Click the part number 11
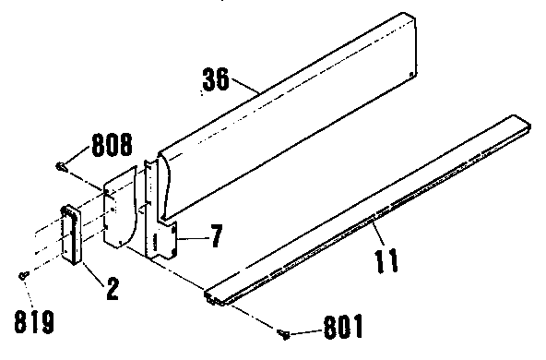point(386,258)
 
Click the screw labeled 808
point(63,166)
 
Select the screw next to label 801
point(284,331)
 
